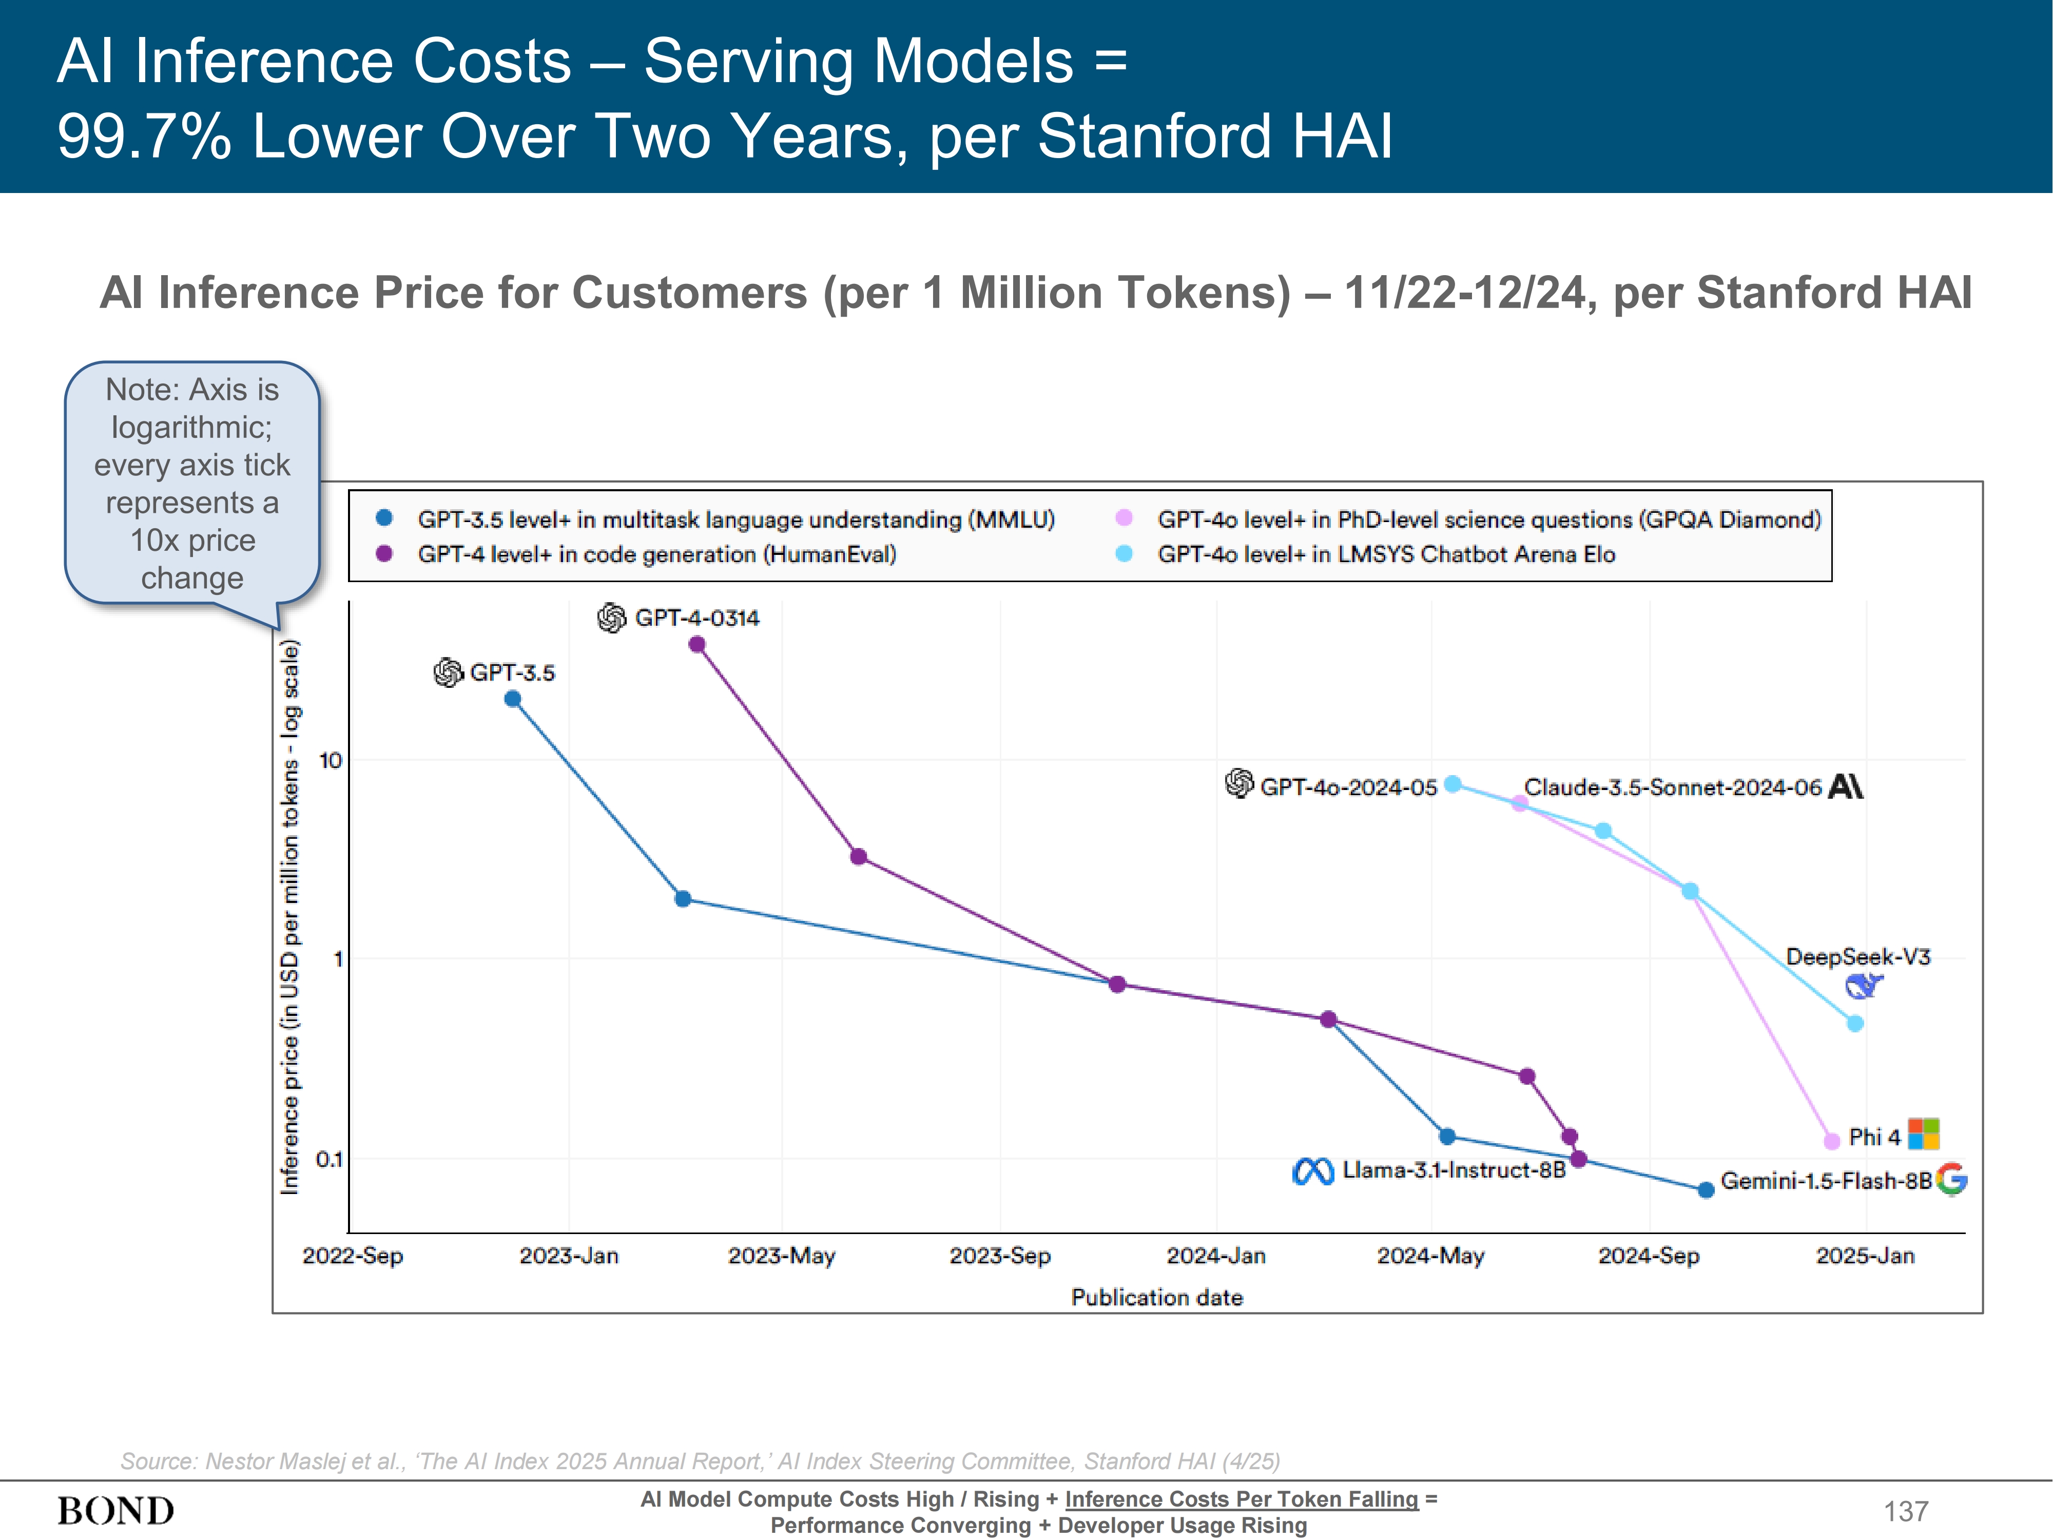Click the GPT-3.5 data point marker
(x=512, y=699)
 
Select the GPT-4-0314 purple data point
(x=697, y=644)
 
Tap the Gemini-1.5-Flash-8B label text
(x=1826, y=1181)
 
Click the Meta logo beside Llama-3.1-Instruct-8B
(x=1312, y=1171)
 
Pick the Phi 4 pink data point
(x=1831, y=1141)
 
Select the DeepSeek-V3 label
(x=1857, y=957)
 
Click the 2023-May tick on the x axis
(x=782, y=1256)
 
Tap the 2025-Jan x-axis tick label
(x=1865, y=1256)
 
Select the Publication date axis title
(x=1156, y=1298)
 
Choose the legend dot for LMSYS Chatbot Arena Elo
(x=1124, y=554)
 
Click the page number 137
(x=1905, y=1511)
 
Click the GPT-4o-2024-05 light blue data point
(x=1452, y=784)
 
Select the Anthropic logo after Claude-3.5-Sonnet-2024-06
(x=1845, y=787)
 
